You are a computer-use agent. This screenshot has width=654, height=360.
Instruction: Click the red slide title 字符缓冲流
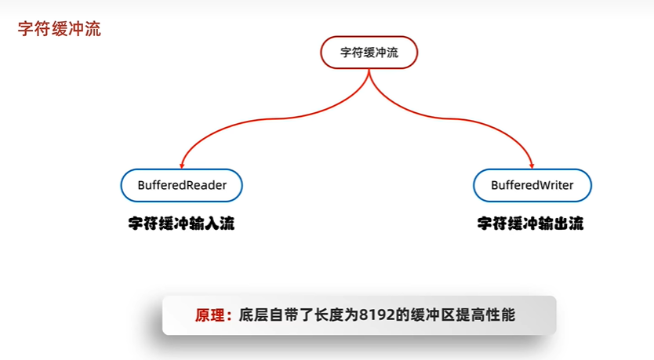(59, 31)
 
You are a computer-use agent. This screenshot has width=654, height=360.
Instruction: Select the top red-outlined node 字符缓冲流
(369, 53)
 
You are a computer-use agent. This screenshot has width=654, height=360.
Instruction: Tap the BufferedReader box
(182, 185)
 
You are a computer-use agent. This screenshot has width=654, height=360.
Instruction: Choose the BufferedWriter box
(532, 185)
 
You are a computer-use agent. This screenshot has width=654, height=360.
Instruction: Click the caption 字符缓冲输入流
(182, 224)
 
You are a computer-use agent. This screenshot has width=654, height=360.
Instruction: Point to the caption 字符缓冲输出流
(531, 224)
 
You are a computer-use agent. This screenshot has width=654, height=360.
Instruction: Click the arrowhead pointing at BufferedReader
(182, 165)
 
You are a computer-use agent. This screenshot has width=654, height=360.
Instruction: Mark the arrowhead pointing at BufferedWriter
(532, 165)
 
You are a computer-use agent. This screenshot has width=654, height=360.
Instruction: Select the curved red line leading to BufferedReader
(259, 118)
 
